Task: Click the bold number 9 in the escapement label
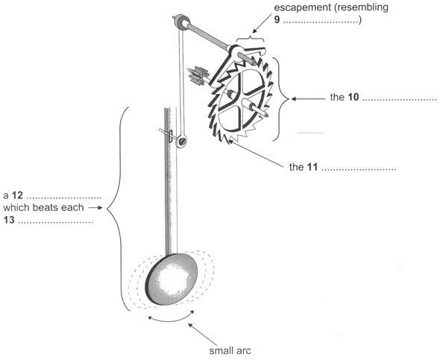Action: point(277,20)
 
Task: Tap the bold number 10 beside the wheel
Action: point(353,98)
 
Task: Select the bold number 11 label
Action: point(312,168)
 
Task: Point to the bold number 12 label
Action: point(17,195)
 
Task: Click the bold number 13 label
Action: point(9,220)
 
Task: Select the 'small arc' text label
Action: point(230,351)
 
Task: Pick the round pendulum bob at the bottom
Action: point(172,280)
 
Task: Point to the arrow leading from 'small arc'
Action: point(203,335)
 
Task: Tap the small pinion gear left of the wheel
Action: point(198,75)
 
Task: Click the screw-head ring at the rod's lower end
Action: point(181,141)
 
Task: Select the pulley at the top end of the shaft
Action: point(182,22)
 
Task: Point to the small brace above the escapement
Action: point(251,38)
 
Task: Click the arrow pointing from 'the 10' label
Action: point(308,98)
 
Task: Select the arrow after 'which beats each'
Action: point(95,208)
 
